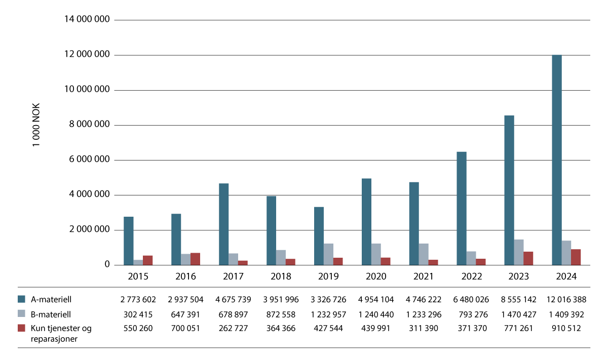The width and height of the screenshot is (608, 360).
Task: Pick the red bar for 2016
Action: [x=195, y=259]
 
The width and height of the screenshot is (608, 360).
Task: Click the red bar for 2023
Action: [x=528, y=258]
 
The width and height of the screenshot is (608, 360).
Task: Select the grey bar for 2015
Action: [x=138, y=262]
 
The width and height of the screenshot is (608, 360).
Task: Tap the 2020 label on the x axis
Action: [x=376, y=276]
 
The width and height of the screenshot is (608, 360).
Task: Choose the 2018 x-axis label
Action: [x=281, y=276]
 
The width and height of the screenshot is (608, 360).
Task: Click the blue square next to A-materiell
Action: [x=21, y=299]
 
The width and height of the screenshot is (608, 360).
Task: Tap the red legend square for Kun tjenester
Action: [x=21, y=328]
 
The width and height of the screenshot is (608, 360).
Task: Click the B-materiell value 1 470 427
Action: [x=518, y=314]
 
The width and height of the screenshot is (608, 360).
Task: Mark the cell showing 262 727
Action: [x=233, y=328]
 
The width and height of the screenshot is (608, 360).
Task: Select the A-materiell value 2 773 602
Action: [x=138, y=299]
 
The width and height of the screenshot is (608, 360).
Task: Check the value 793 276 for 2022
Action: [x=470, y=314]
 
